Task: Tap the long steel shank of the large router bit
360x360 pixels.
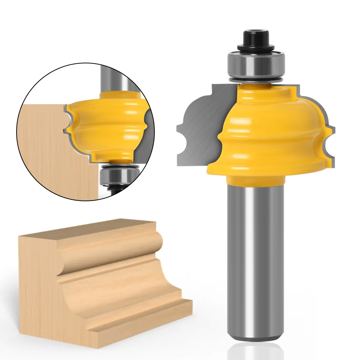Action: coord(256,259)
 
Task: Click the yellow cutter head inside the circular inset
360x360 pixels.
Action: coord(108,126)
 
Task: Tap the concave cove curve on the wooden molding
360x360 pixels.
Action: coord(119,284)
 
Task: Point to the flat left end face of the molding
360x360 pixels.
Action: coord(36,288)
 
